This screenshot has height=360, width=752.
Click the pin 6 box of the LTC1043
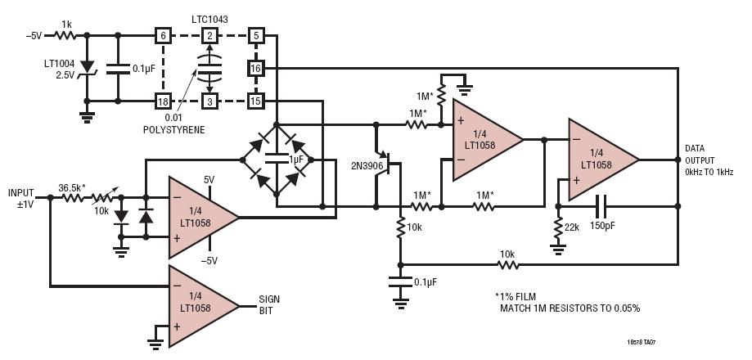pos(163,35)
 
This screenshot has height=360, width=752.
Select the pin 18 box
pos(163,101)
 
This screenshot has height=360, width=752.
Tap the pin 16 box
pos(255,68)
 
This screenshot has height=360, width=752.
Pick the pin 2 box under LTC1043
pos(209,35)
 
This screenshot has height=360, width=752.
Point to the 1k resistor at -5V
pos(65,34)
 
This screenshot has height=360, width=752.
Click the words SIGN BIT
pos(269,305)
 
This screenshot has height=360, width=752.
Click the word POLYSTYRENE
pos(173,130)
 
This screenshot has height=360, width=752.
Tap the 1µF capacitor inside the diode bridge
pos(277,160)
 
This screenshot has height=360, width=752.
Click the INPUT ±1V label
pos(21,197)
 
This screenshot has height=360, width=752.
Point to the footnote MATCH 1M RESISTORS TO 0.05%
pos(570,308)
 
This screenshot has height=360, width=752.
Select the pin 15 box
pos(255,101)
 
